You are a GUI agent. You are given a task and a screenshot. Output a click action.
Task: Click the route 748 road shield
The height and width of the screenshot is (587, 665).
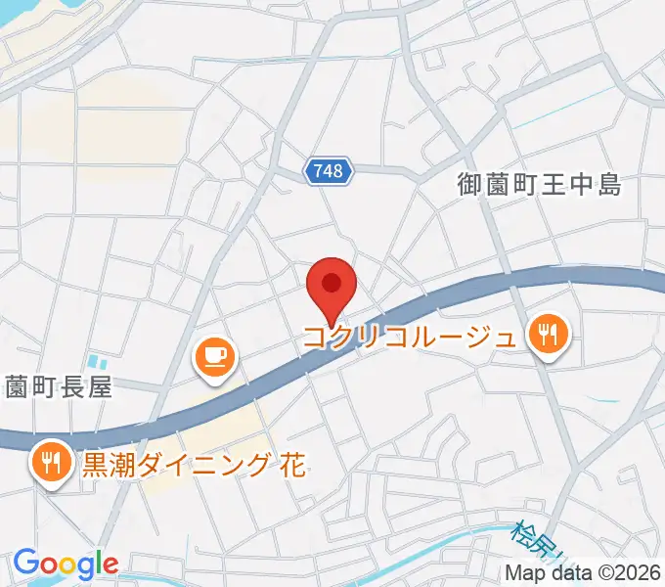pos(329,171)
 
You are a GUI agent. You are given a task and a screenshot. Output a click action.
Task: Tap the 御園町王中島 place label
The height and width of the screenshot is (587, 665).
pos(540,184)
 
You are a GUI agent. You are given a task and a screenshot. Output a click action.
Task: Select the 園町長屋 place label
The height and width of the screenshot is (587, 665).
pos(58,386)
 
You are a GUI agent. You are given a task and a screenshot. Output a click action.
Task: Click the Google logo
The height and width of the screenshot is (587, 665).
pos(66,564)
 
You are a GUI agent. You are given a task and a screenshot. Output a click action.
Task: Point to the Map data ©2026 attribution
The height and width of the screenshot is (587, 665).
pos(583,573)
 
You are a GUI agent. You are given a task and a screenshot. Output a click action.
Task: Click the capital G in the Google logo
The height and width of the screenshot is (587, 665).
pos(26,563)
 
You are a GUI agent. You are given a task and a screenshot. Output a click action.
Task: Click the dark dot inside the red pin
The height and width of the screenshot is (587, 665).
pos(331,283)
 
